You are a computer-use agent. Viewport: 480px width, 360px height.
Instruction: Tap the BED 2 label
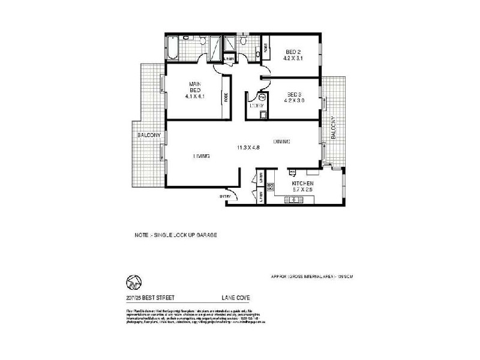tap(293, 52)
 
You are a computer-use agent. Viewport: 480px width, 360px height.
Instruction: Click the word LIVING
tap(201, 156)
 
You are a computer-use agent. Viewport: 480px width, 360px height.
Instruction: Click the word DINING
tap(281, 142)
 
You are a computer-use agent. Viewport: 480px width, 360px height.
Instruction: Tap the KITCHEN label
tap(302, 183)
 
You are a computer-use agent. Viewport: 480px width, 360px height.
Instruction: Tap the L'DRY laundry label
tap(256, 106)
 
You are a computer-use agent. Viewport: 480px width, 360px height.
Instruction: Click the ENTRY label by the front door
tap(225, 196)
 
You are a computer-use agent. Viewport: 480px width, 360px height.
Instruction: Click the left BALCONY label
tap(148, 136)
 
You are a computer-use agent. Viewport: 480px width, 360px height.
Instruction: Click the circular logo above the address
tap(133, 281)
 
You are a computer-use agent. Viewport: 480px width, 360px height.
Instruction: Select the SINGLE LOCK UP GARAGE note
tap(175, 235)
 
